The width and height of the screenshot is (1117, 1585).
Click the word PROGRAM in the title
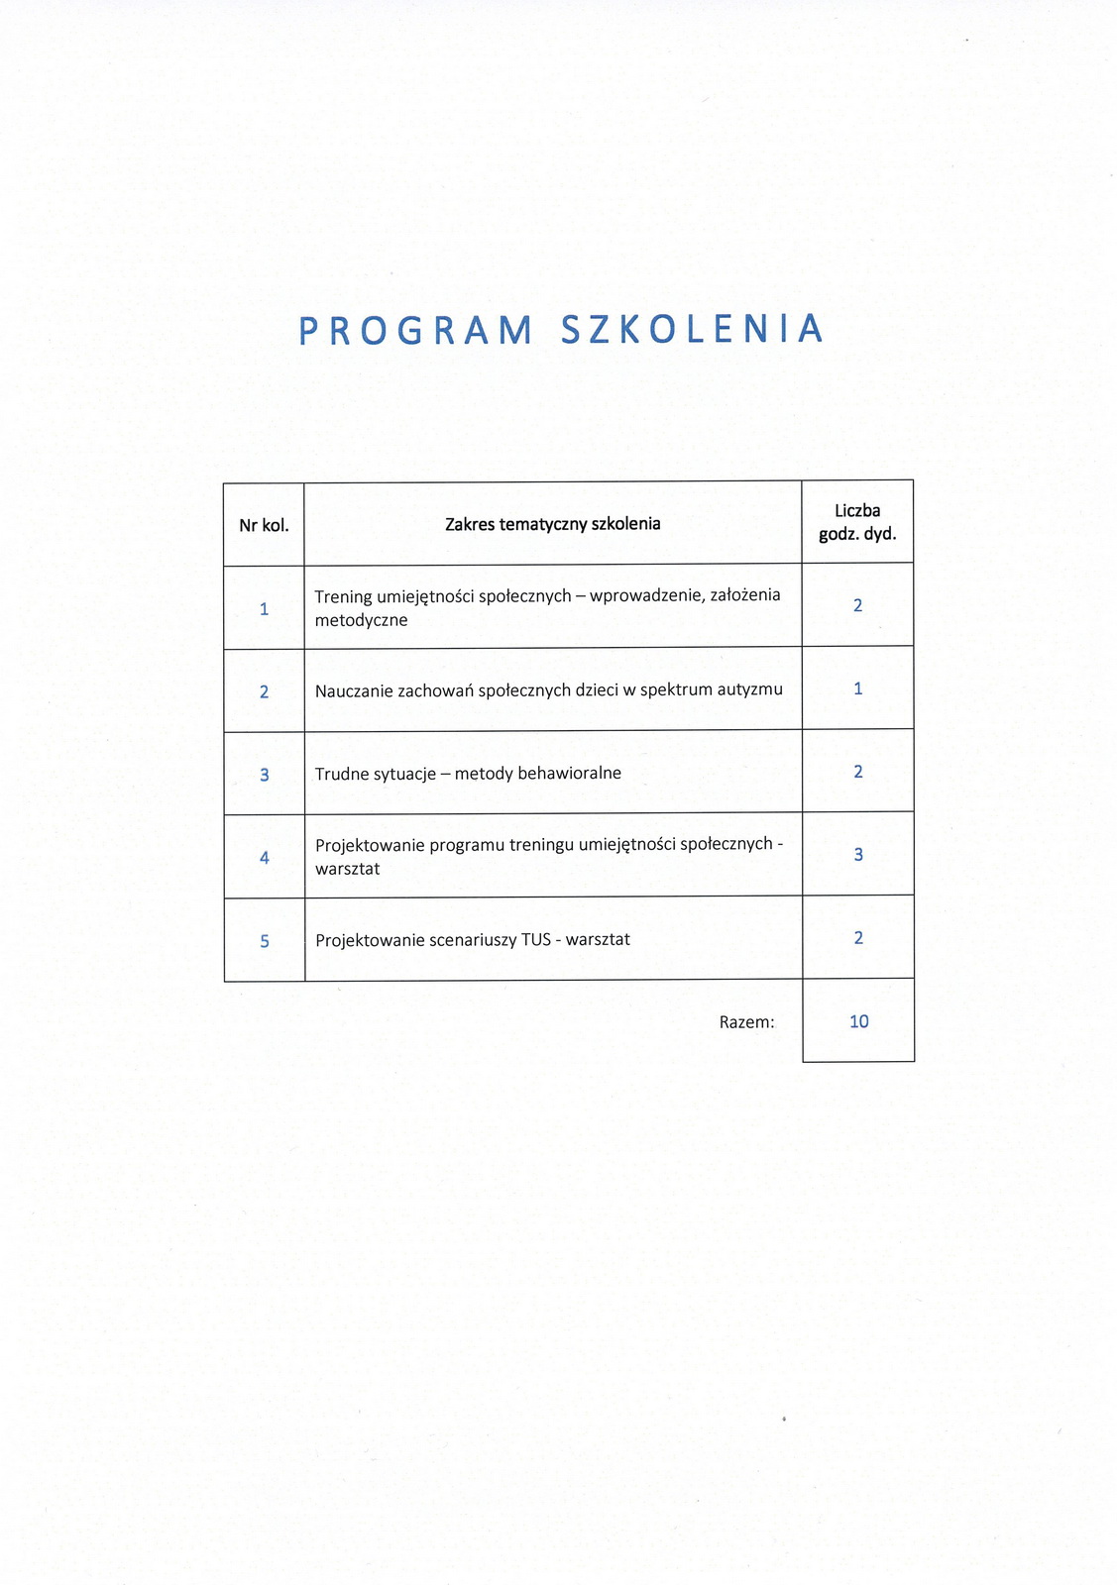coord(415,330)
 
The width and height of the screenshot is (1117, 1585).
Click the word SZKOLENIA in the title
coord(692,329)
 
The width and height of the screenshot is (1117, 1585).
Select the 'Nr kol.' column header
coord(264,525)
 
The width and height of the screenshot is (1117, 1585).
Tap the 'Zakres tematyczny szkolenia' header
coord(552,524)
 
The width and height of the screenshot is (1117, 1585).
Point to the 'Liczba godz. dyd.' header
coord(857,522)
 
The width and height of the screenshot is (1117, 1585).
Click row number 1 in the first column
coord(264,608)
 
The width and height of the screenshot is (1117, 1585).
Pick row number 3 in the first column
coord(264,775)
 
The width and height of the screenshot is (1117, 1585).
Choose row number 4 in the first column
coord(264,858)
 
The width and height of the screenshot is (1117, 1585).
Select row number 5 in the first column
coord(264,941)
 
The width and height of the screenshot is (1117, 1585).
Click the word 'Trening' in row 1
coord(343,596)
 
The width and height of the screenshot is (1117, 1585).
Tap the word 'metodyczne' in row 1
coord(361,621)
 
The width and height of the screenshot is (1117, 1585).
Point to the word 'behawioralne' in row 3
coord(569,773)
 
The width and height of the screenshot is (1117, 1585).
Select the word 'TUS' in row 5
coord(536,940)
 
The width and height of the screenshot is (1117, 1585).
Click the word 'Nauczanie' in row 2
coord(353,690)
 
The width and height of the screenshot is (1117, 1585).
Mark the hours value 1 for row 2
coord(857,688)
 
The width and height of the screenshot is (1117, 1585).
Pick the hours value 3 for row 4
coord(857,854)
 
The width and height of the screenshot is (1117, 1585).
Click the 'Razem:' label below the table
coord(746,1022)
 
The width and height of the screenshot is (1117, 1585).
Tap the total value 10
coord(858,1021)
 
